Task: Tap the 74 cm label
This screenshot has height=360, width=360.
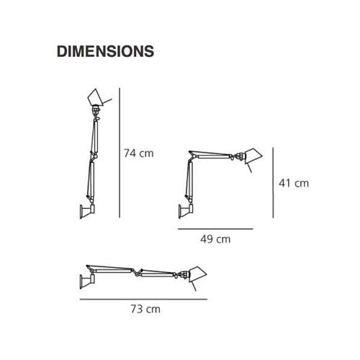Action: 139,153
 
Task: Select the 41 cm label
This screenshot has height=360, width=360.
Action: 293,183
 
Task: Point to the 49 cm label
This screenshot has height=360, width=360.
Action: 216,239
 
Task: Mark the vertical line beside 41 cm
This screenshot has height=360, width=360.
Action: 273,183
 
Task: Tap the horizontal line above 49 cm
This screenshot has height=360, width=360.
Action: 216,228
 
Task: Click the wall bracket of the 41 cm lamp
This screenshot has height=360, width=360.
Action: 184,212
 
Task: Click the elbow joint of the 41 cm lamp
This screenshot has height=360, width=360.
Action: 191,155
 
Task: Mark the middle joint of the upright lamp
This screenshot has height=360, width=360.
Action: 92,160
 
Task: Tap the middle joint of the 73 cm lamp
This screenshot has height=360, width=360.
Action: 136,271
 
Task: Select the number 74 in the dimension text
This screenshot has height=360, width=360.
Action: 130,153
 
